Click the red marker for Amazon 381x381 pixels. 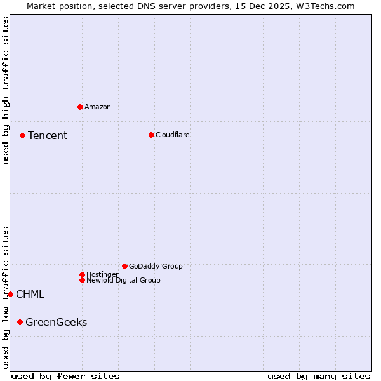(x=80, y=107)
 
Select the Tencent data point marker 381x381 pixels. (x=22, y=135)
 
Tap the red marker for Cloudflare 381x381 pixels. (x=151, y=135)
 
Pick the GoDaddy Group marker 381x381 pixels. (x=124, y=266)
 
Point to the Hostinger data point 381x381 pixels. (x=82, y=274)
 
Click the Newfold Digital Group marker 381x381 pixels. (x=82, y=280)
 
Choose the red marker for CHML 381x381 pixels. (x=10, y=294)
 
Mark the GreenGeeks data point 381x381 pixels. (x=20, y=322)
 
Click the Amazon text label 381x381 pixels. (x=97, y=107)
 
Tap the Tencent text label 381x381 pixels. (x=48, y=135)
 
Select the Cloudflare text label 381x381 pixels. (x=172, y=135)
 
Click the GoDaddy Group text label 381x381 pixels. (x=156, y=266)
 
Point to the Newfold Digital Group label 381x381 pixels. (x=123, y=280)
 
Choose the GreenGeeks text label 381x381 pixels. (x=56, y=322)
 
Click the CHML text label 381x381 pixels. (x=30, y=294)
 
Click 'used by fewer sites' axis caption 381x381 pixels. (x=65, y=376)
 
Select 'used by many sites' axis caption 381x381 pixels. (x=319, y=376)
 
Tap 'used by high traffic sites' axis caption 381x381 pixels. (x=6, y=90)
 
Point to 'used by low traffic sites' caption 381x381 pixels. (x=6, y=297)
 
